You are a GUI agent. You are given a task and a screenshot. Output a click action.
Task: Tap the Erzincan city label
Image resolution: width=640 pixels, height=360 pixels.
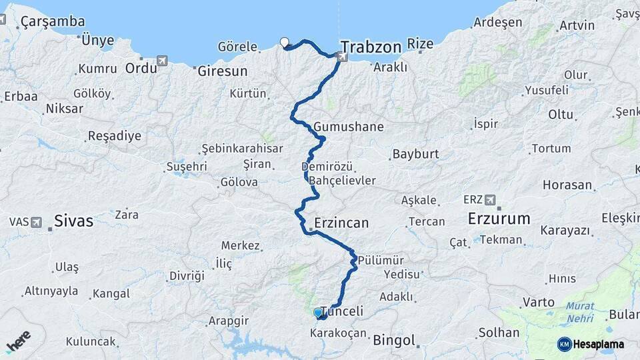click(x=341, y=223)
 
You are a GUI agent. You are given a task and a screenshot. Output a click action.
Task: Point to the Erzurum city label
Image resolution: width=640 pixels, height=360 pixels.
click(x=499, y=219)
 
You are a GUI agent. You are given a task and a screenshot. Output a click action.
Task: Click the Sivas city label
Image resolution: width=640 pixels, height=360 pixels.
click(x=73, y=221)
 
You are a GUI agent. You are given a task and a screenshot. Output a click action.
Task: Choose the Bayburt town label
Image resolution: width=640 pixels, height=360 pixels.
click(x=415, y=154)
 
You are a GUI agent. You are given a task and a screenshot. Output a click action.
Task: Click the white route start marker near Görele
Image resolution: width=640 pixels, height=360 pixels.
click(x=285, y=43)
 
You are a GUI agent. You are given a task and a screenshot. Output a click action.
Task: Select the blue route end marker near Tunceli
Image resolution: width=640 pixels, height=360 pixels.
click(x=318, y=312)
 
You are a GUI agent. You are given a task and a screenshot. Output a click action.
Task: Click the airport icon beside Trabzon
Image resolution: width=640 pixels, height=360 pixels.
click(x=342, y=58)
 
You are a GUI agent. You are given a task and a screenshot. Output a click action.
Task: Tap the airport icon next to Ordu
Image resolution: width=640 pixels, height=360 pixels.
click(x=161, y=62)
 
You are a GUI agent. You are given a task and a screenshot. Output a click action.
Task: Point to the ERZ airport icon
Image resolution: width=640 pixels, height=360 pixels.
click(x=491, y=199)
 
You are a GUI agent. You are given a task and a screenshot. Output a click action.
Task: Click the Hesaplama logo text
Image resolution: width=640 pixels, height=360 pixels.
click(x=598, y=344)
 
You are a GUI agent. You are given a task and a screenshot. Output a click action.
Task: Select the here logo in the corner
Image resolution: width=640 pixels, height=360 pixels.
click(x=18, y=341)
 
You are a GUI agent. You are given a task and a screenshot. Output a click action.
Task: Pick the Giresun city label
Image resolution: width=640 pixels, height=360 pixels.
click(x=223, y=71)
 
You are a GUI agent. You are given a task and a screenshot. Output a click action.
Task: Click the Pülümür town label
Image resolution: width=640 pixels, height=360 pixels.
click(x=380, y=260)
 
